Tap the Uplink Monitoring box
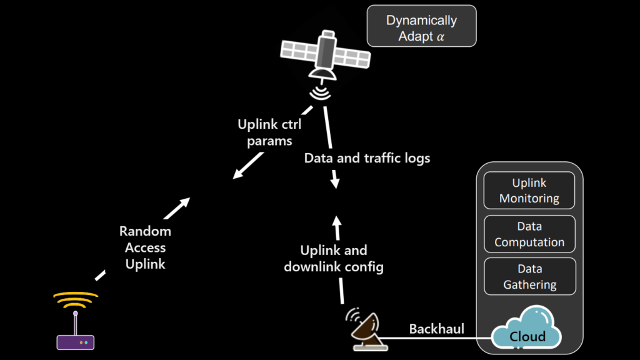tap(529, 190)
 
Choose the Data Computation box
tap(529, 234)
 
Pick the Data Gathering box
tap(529, 276)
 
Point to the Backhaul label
tap(436, 329)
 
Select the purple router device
tap(76, 341)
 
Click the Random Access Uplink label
tap(145, 247)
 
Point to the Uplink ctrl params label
tap(269, 132)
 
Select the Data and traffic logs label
tap(367, 158)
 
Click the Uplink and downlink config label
tap(334, 259)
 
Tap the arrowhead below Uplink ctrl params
tap(237, 174)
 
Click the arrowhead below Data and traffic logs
tap(335, 184)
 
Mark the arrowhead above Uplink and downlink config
tap(337, 221)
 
